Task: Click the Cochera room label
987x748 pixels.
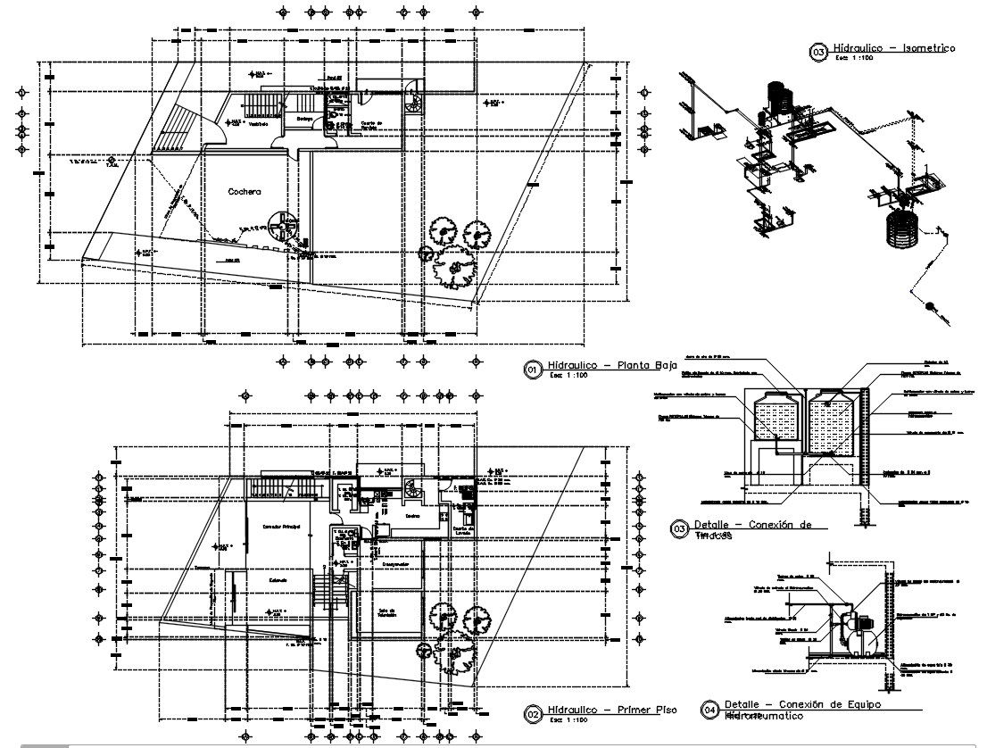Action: [x=244, y=191]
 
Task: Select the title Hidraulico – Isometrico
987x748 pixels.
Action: [x=893, y=48]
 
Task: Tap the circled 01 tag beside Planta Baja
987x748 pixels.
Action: [x=533, y=369]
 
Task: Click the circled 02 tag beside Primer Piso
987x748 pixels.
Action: [x=533, y=713]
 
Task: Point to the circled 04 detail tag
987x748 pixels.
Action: [x=710, y=710]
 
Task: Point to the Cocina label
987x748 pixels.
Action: [x=411, y=515]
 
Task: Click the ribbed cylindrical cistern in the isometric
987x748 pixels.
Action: [x=904, y=232]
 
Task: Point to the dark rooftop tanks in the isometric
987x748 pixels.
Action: [x=778, y=96]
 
